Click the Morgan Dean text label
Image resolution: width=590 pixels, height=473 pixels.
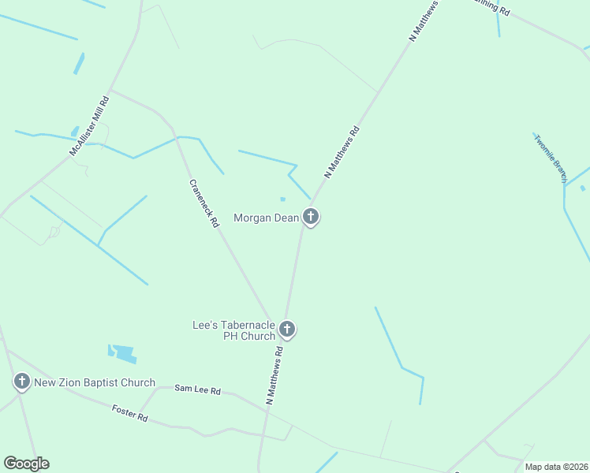(x=266, y=218)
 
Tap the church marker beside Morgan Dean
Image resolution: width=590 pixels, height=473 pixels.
(x=311, y=217)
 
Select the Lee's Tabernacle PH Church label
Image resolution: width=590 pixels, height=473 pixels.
(x=233, y=330)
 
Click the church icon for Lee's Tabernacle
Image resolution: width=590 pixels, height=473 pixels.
(x=287, y=330)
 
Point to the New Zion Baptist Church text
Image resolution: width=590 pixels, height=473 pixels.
(x=94, y=383)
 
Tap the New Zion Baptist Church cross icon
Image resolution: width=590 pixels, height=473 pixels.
(x=21, y=383)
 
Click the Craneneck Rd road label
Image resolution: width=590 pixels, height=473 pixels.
(x=204, y=203)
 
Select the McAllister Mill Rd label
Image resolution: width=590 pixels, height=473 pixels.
(x=88, y=126)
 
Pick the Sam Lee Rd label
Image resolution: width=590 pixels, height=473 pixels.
(x=197, y=389)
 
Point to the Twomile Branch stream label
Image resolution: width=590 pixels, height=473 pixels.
(x=551, y=158)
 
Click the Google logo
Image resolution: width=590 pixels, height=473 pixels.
(x=26, y=464)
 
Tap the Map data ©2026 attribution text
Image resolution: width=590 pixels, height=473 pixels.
(x=556, y=467)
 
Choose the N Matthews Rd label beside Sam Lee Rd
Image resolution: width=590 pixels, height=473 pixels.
(x=274, y=374)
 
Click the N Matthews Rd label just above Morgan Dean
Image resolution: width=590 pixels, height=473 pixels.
(x=342, y=152)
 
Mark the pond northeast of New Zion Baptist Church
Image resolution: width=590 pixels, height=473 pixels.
(x=122, y=353)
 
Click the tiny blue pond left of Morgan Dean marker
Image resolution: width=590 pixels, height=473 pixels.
(x=282, y=199)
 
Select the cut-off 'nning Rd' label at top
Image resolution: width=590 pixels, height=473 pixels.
(x=492, y=7)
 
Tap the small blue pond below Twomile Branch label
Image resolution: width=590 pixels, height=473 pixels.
(x=582, y=188)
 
